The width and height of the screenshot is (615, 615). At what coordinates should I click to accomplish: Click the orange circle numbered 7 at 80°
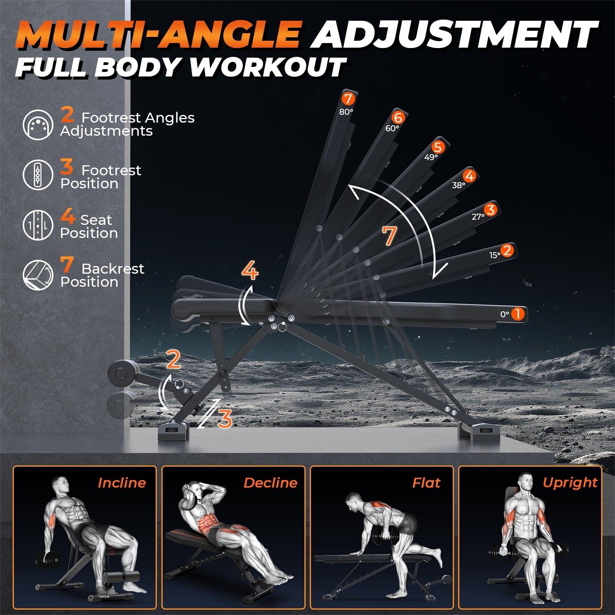pos(348,99)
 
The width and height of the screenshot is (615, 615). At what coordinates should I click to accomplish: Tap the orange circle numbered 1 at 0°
pos(518,314)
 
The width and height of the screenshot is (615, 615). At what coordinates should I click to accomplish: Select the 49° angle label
pos(431,157)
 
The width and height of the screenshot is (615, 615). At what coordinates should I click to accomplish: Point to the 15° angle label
pos(495,255)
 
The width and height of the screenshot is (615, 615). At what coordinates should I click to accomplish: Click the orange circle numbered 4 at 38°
pos(469,176)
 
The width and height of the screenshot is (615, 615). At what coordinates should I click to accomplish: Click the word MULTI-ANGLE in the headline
pos(158,34)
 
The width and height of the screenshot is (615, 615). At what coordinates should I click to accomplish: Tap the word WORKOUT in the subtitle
pos(268,67)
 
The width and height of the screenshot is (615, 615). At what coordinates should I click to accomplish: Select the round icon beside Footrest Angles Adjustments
pos(38,125)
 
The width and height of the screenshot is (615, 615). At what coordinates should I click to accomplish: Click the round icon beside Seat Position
pos(38,225)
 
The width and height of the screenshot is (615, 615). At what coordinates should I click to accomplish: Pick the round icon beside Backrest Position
pos(38,275)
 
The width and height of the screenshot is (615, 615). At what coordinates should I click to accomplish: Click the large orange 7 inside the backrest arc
pos(389,236)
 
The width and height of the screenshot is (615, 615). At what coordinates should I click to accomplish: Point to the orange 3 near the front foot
pos(225,419)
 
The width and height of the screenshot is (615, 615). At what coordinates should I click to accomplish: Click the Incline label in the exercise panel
pos(122,483)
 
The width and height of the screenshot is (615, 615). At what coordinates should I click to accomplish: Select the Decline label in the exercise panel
pos(271,483)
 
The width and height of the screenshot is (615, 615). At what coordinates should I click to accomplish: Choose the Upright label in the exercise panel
pos(570,483)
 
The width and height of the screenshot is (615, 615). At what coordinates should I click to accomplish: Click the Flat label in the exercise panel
pos(426,483)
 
